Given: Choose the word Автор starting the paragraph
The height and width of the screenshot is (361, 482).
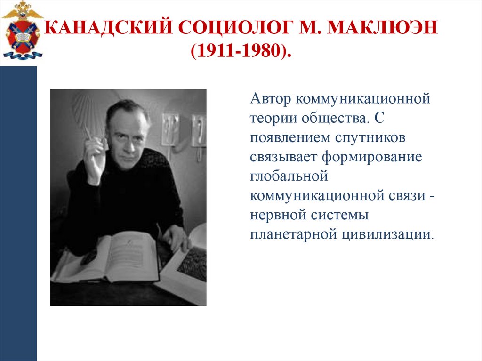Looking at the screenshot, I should pyautogui.click(x=270, y=99).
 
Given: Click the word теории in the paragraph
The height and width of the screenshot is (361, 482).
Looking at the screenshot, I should pyautogui.click(x=272, y=119).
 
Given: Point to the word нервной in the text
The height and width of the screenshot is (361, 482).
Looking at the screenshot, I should pyautogui.click(x=277, y=215).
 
